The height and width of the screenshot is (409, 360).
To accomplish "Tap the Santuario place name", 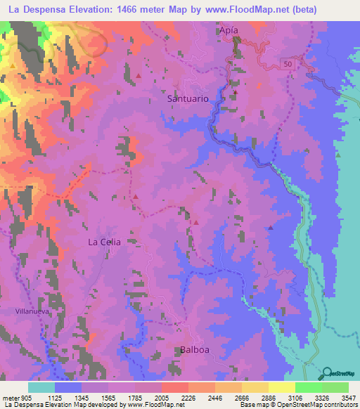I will (188, 99).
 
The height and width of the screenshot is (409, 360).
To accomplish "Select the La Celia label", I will (104, 242).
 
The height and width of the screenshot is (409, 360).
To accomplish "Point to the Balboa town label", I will (193, 349).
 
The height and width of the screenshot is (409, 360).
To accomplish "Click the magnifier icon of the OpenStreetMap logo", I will (328, 373).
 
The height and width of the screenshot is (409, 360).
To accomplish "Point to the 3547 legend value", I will (347, 397).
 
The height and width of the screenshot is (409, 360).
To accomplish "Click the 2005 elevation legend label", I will (162, 397).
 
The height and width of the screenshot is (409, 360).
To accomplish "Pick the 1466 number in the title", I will (125, 10).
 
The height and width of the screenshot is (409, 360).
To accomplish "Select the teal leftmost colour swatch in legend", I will (41, 387).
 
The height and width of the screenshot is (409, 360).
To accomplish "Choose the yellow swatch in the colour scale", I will (281, 387).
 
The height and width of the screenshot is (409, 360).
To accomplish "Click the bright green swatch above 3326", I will (308, 387).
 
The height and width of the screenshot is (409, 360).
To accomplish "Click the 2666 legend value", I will (242, 397).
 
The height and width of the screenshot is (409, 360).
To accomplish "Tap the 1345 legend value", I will (83, 397).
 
